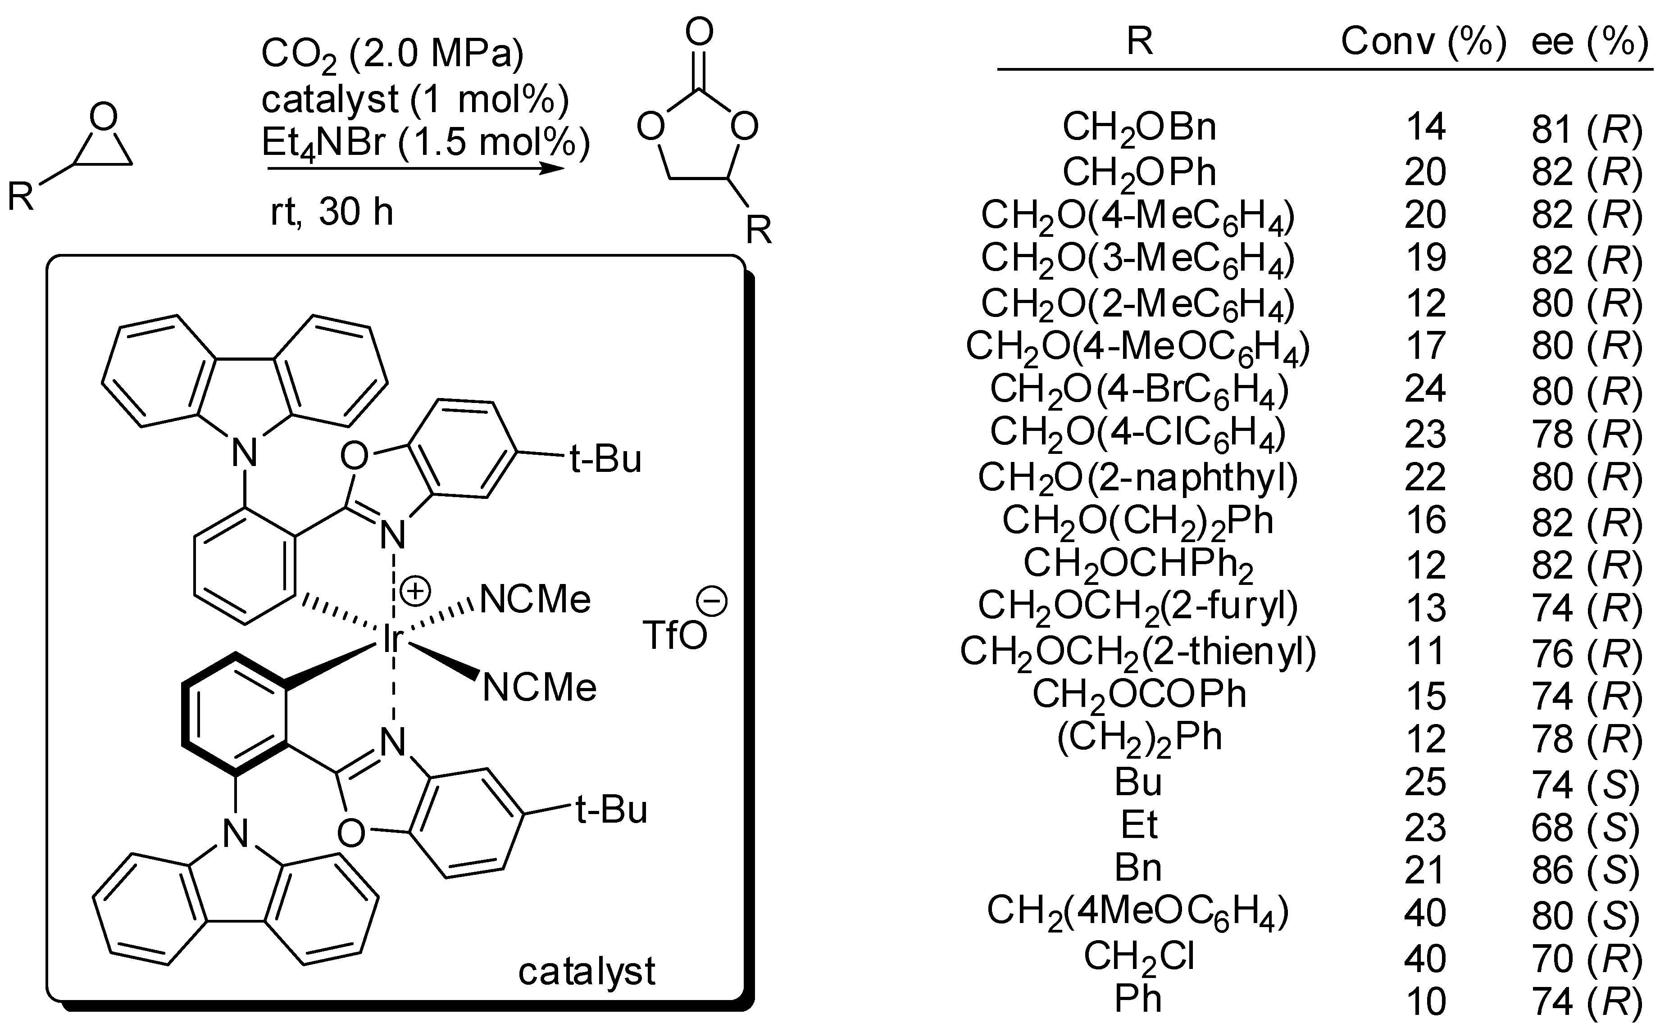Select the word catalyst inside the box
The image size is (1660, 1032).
click(587, 971)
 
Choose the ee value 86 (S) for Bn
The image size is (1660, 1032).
click(1586, 869)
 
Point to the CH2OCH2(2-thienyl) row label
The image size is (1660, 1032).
click(1137, 652)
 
